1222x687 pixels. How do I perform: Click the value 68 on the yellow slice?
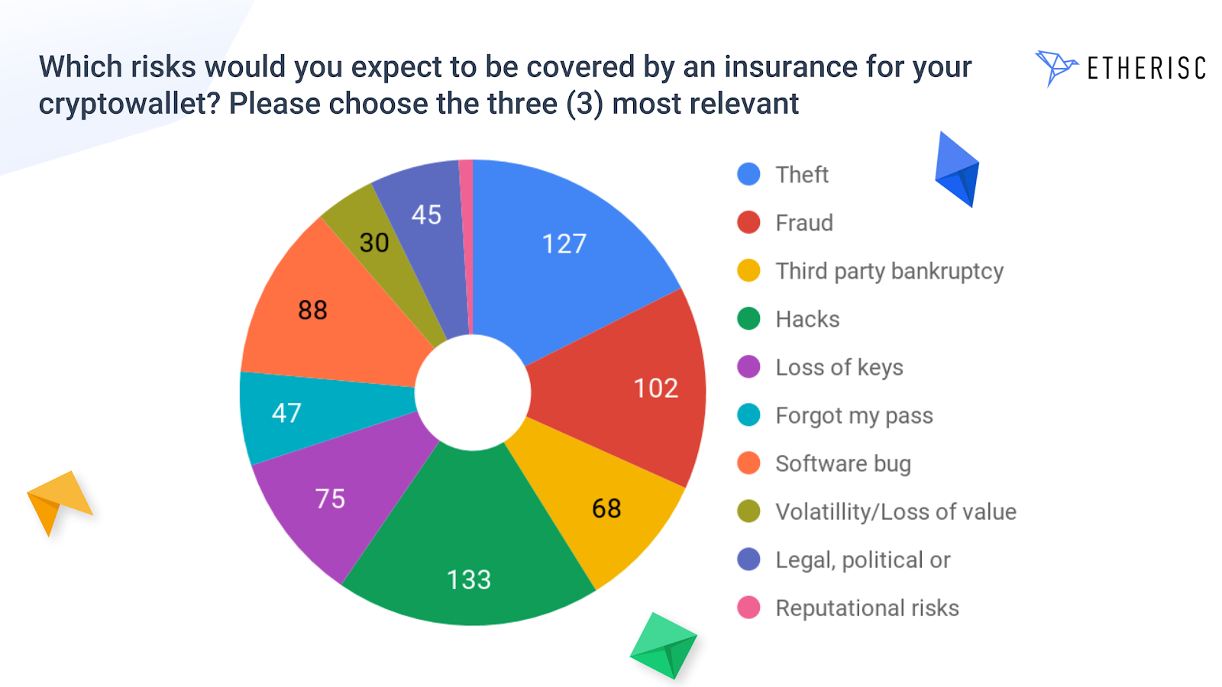(606, 508)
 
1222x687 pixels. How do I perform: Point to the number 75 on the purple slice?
(330, 499)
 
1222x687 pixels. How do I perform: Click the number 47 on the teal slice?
(286, 413)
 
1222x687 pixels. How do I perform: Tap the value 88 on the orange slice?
(312, 310)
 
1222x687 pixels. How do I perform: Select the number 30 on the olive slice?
(374, 243)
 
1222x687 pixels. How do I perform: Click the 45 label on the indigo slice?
(426, 214)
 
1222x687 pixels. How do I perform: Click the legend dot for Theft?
(748, 175)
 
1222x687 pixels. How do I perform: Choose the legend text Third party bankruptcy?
(889, 272)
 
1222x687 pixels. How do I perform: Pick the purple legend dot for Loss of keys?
(748, 367)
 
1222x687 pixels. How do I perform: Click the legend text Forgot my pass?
(855, 416)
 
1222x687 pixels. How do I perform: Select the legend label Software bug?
(843, 464)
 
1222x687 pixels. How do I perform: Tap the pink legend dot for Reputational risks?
(748, 608)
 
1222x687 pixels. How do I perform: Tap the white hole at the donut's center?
(473, 392)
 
